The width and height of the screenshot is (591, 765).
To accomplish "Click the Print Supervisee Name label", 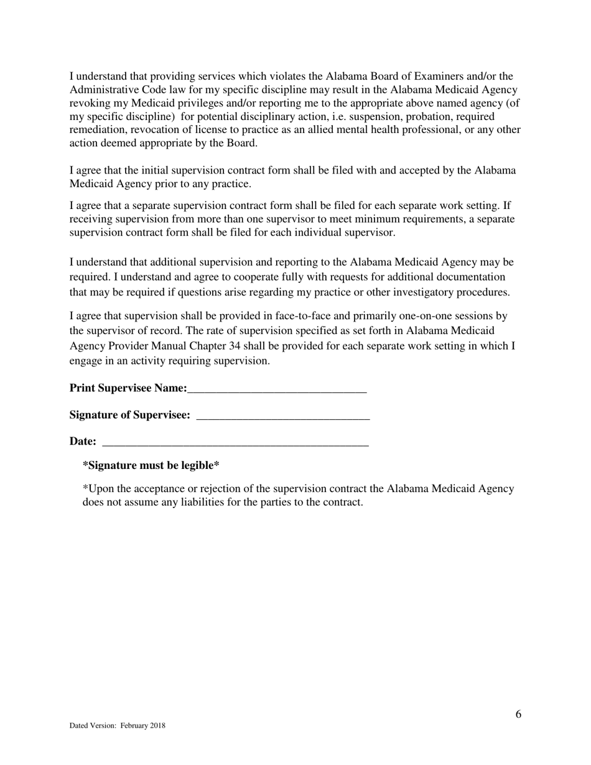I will [x=128, y=388].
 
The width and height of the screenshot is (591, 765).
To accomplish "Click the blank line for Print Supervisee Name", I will [x=277, y=391].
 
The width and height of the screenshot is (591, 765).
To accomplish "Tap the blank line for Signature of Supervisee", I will [x=283, y=418].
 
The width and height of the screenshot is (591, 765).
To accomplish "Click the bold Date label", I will [x=83, y=442].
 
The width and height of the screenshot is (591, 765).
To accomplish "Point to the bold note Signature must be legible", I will [x=151, y=466].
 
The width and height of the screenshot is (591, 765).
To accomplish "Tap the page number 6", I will [x=518, y=714].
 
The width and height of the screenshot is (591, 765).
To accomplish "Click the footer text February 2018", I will [x=143, y=725].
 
